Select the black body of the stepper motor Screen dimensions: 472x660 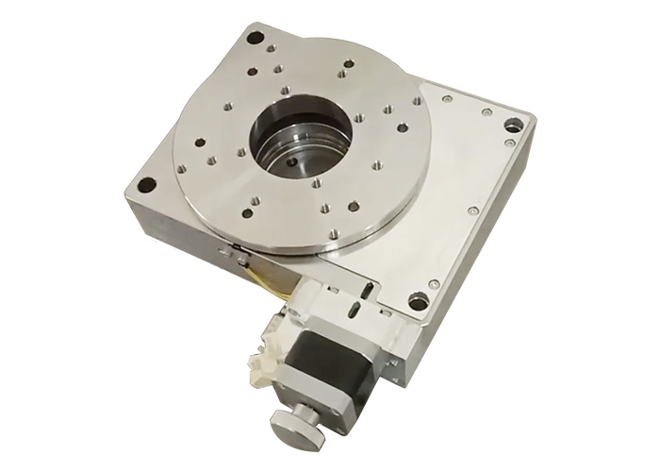[324, 363]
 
